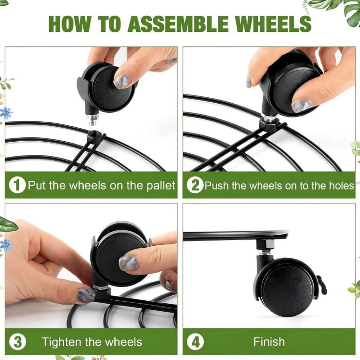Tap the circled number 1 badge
point(17,185)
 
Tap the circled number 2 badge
point(195,185)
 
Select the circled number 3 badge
point(18,342)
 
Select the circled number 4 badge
point(195,342)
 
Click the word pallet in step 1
point(161,186)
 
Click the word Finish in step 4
point(269,342)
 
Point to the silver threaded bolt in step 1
point(92,120)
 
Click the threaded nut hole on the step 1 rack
point(94,133)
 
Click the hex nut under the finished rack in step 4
point(265,245)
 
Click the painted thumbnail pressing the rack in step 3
point(86,295)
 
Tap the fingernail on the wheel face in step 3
point(129,263)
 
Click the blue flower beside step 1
point(6,113)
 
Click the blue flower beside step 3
point(6,245)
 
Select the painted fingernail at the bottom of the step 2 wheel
point(301,105)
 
